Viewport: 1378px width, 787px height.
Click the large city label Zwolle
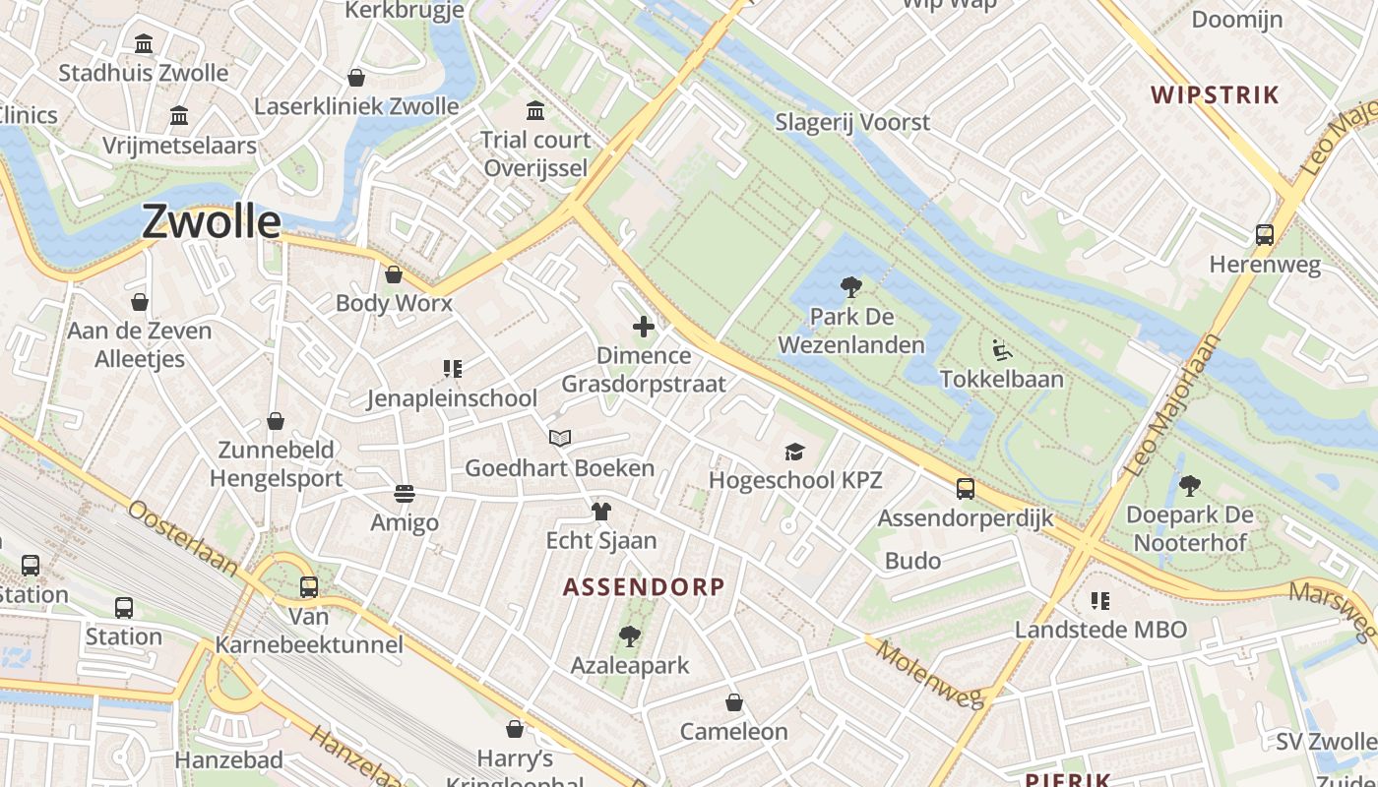[212, 221]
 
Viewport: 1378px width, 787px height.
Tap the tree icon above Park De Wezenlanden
[851, 287]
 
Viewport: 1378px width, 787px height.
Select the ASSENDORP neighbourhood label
[644, 587]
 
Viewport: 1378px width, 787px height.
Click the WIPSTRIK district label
[1216, 95]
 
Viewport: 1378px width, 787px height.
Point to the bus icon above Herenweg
[1265, 235]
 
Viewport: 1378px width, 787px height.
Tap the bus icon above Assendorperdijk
[966, 488]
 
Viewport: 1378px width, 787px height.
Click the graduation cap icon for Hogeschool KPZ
[794, 452]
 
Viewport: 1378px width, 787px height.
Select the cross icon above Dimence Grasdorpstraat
[644, 327]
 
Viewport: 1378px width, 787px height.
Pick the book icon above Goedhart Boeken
[560, 439]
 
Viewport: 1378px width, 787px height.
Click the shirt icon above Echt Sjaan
[601, 511]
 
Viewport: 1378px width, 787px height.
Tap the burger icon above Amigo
[404, 492]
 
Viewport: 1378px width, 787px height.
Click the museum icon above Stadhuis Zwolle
[144, 43]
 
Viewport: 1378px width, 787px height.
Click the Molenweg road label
[930, 675]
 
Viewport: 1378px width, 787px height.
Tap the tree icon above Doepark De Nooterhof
[1189, 485]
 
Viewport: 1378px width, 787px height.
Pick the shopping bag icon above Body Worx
[394, 274]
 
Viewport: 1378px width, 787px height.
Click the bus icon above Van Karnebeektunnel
[309, 587]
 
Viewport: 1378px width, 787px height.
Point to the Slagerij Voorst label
[852, 123]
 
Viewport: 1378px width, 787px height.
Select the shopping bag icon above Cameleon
[734, 702]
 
